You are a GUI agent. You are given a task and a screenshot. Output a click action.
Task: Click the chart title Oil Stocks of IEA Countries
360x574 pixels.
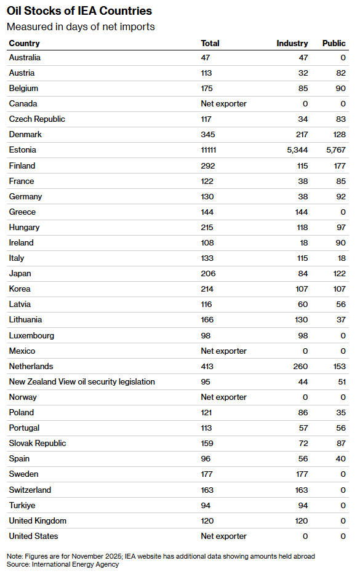(79, 11)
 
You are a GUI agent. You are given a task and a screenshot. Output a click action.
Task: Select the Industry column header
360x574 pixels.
(292, 43)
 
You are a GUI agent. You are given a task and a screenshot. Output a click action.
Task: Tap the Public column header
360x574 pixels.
(334, 43)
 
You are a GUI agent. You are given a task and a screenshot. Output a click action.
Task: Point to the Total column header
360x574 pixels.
(210, 43)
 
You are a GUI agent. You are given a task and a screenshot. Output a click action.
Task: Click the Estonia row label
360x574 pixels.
(22, 149)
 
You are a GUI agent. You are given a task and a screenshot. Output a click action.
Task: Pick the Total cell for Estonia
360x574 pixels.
(209, 149)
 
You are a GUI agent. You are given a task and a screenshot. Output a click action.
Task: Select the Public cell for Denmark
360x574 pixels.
(339, 134)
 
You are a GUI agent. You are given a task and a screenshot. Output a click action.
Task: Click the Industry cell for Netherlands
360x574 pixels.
(300, 367)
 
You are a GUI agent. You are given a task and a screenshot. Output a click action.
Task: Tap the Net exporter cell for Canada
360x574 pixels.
(223, 103)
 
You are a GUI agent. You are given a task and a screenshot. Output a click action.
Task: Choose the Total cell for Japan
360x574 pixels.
(208, 273)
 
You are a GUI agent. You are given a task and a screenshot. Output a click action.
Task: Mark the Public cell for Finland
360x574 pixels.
(339, 166)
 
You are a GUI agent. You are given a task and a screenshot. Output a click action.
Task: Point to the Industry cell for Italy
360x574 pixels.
(303, 258)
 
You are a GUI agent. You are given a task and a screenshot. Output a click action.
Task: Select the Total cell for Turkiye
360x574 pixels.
(206, 506)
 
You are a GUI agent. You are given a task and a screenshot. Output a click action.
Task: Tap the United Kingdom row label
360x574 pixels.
(38, 521)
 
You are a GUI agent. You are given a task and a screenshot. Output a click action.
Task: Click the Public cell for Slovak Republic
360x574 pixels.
(341, 444)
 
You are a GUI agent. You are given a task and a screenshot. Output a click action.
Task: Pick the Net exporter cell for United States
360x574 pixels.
(223, 536)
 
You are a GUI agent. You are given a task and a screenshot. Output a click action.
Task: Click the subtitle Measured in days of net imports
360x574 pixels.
(81, 26)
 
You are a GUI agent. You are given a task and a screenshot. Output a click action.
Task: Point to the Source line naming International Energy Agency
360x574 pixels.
(63, 565)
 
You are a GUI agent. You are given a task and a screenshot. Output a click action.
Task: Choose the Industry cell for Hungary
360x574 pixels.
(302, 228)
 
